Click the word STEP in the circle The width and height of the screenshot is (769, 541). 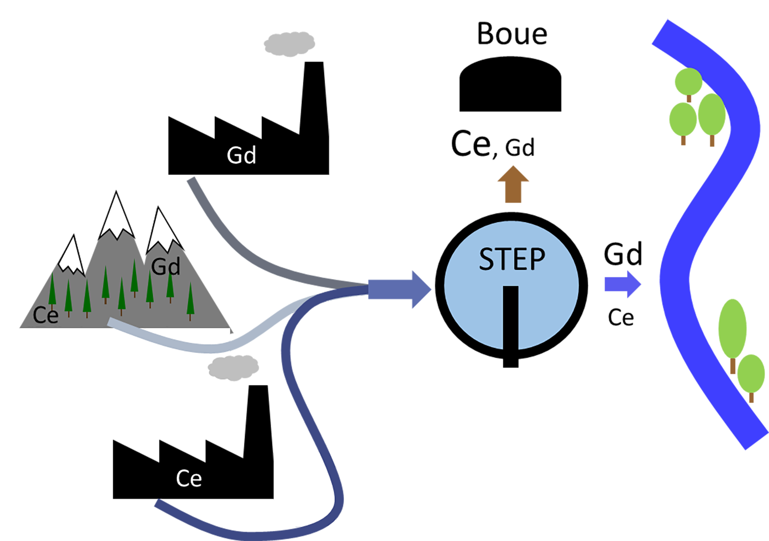tap(512, 259)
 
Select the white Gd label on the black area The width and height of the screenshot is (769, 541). tap(241, 155)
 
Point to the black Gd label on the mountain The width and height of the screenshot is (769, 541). tap(166, 267)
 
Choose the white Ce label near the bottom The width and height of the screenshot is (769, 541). tap(189, 479)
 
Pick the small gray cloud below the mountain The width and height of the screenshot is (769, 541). tap(238, 366)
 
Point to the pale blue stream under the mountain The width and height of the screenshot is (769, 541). tap(169, 342)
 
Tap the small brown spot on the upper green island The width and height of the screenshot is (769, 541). tap(690, 98)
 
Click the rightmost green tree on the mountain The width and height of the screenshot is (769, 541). tap(191, 300)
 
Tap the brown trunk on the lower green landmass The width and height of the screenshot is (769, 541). tap(732, 367)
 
